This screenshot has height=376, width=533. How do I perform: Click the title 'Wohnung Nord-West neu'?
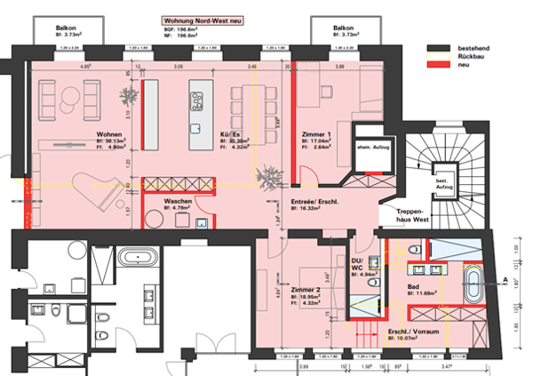(203, 19)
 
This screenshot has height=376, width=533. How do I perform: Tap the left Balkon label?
(65, 28)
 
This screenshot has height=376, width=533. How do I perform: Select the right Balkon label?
(344, 28)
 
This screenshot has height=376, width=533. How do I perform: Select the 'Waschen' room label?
(179, 202)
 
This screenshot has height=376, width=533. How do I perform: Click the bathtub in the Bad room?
(475, 285)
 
